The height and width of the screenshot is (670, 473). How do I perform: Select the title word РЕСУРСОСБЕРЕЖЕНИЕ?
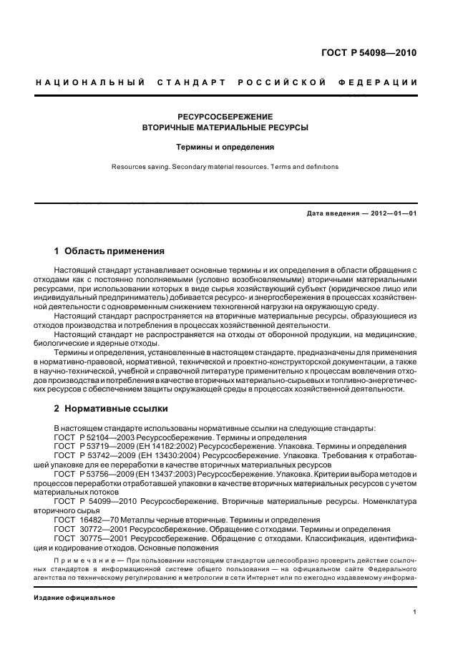225,116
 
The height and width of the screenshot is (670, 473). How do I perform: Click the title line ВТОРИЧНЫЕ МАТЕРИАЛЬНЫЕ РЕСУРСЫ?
225,127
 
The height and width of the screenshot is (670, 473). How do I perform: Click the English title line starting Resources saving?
225,167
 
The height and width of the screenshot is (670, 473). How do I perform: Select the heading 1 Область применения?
109,251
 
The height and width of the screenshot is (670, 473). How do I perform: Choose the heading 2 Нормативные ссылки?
112,409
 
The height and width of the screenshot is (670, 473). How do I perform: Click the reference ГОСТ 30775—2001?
91,538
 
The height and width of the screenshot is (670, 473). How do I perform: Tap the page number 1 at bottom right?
414,612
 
